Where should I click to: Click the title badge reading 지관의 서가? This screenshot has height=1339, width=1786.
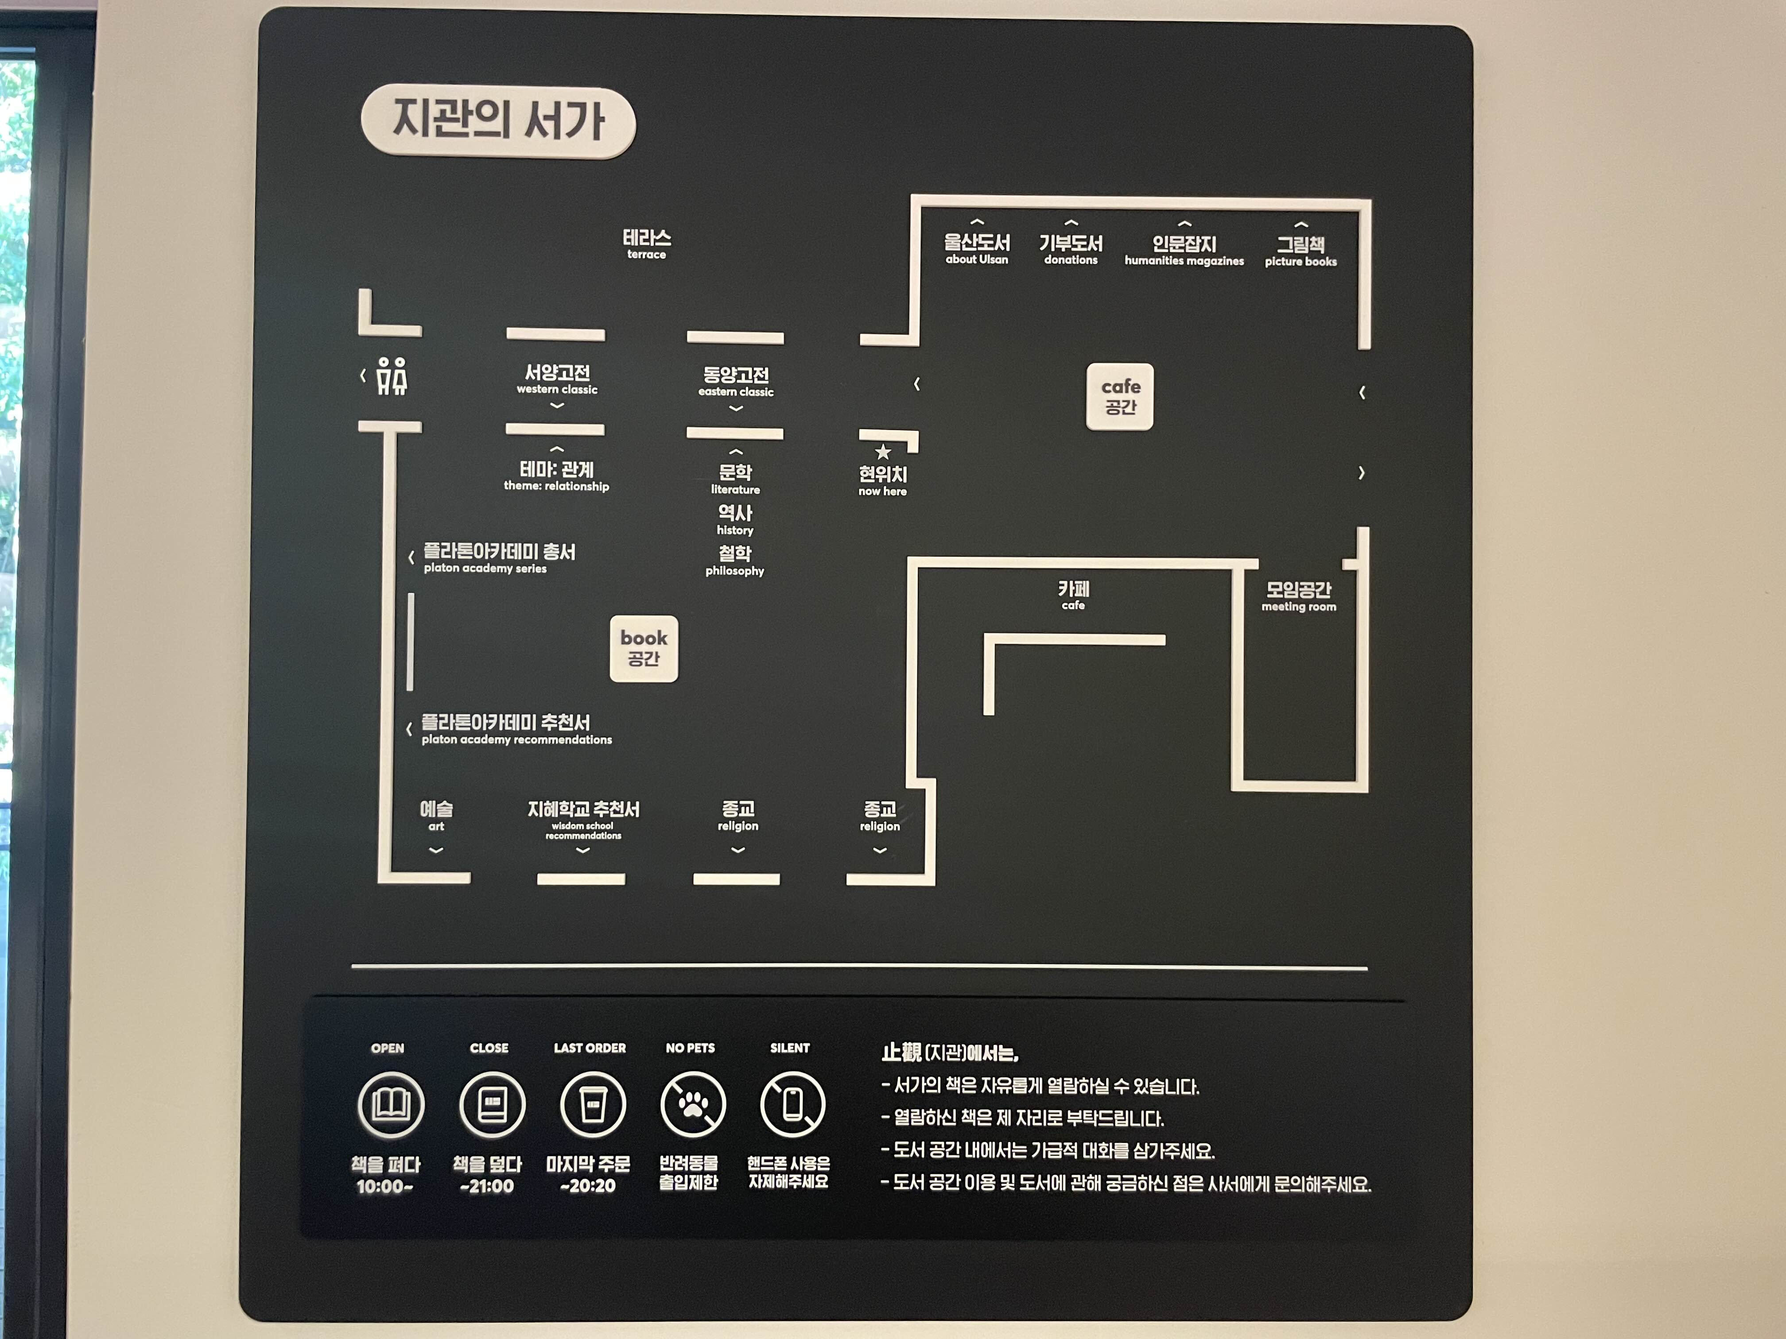point(498,121)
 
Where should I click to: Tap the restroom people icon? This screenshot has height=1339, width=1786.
point(392,376)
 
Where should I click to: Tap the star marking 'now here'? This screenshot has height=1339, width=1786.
point(882,452)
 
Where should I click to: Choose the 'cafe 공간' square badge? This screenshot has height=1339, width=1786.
point(1120,396)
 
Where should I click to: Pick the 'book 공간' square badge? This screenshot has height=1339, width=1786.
point(644,648)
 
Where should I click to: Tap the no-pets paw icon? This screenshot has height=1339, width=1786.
point(692,1104)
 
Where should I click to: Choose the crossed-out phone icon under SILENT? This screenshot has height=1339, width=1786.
point(792,1104)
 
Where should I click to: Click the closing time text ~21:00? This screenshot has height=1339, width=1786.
point(487,1186)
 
